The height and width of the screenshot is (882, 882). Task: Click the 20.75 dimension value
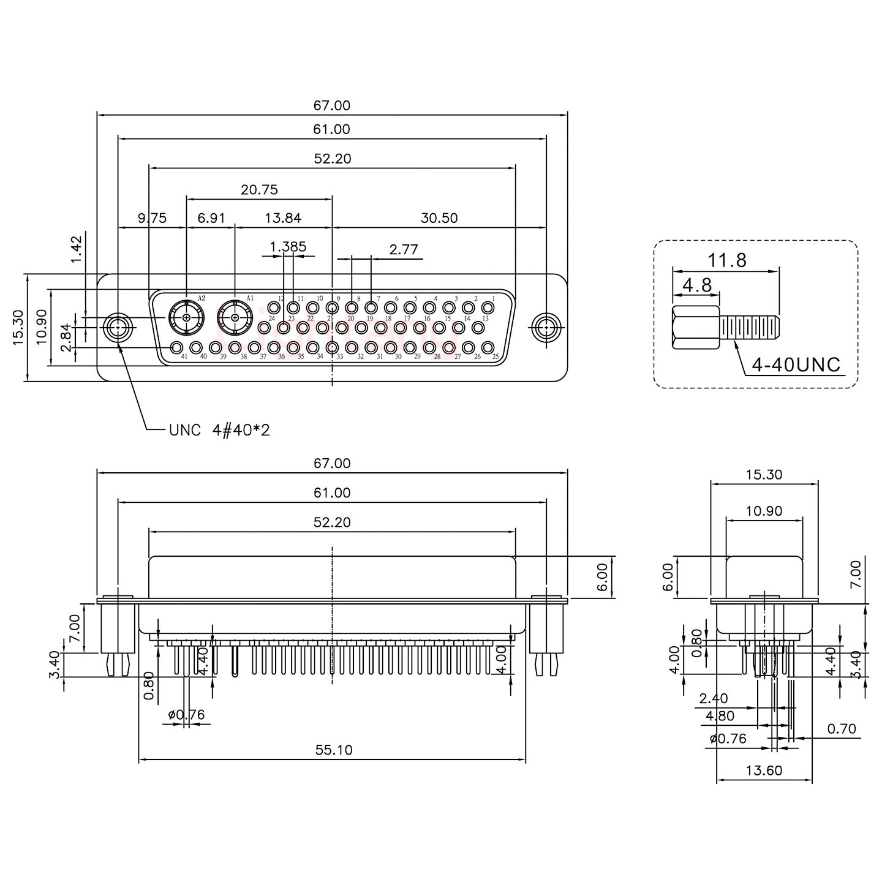pos(259,190)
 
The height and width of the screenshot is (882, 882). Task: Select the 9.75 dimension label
pos(151,218)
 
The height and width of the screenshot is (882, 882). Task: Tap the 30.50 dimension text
pos(439,218)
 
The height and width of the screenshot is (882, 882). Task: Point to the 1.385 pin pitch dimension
pos(288,247)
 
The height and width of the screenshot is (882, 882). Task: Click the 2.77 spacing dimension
pos(404,249)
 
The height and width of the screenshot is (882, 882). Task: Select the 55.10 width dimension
pos(334,750)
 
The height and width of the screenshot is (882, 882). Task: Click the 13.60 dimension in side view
pos(764,771)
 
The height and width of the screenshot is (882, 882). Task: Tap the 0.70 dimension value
pos(842,729)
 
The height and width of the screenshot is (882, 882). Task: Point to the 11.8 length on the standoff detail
pos(728,260)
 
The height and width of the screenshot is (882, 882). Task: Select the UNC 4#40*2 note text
pos(219,431)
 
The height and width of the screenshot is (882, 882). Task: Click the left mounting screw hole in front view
pos(118,328)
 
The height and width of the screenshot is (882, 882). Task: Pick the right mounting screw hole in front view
pos(545,328)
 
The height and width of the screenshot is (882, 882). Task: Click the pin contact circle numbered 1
pos(488,307)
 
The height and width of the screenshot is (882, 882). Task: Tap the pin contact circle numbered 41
pos(176,348)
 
